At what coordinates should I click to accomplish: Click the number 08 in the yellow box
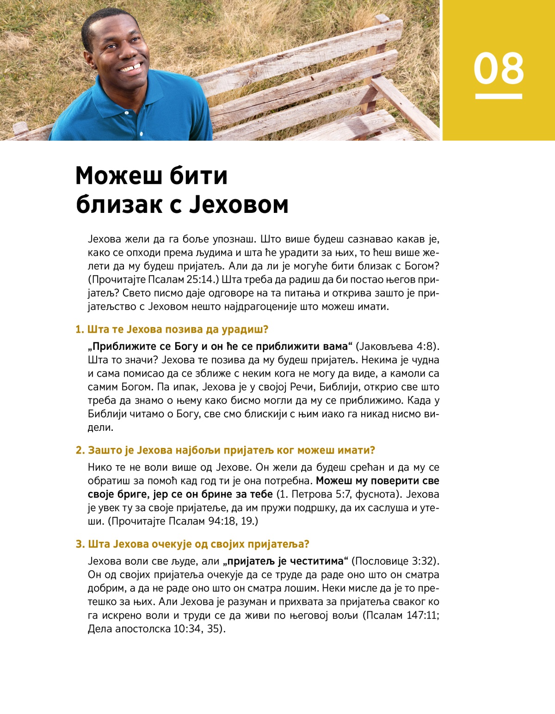tap(499, 68)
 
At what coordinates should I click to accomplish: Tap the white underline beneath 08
tap(499, 96)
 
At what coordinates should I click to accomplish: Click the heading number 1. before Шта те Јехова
tap(80, 329)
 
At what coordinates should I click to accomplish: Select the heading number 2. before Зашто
tap(80, 450)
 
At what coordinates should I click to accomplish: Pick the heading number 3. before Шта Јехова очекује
tap(80, 544)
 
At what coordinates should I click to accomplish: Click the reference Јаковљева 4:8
tap(397, 347)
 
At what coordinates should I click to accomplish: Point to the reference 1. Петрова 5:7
tap(314, 494)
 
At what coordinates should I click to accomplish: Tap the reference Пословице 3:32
tap(395, 561)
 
